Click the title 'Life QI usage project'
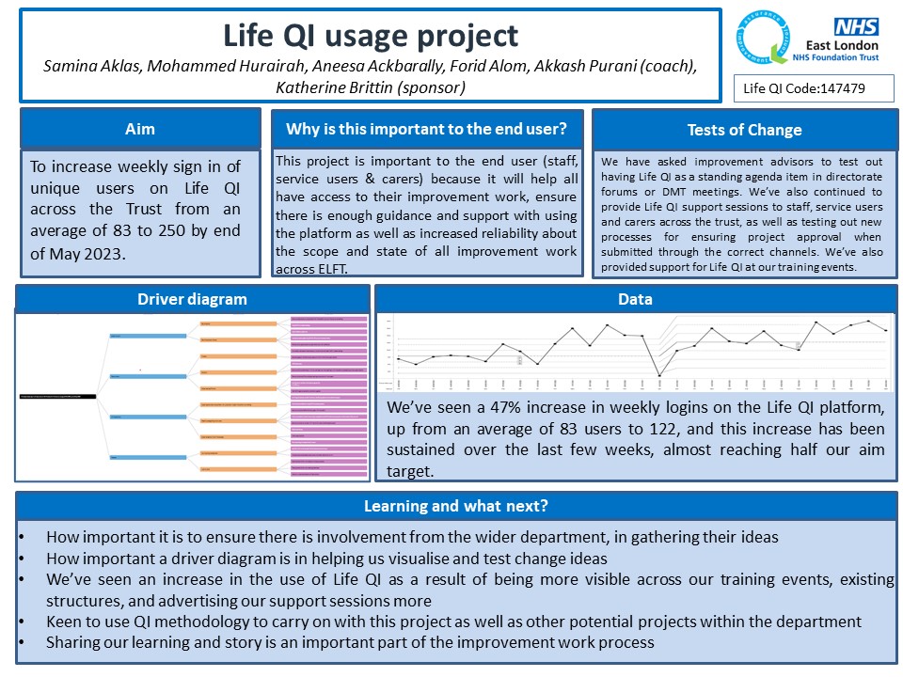pos(370,36)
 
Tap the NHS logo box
pos(855,25)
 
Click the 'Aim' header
pos(140,129)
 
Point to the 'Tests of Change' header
pos(744,130)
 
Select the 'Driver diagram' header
pos(192,299)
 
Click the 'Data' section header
pos(636,299)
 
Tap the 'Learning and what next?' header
pos(455,506)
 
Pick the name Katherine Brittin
pos(345,87)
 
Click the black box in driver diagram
pos(57,399)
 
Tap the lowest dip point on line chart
pos(659,375)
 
